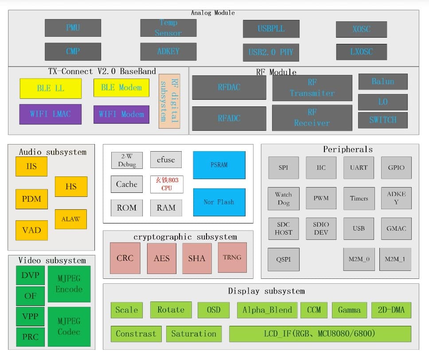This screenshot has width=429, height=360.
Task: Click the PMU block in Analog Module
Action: click(x=73, y=28)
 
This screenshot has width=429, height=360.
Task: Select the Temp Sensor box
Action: click(x=168, y=28)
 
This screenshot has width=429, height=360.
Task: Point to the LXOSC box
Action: click(x=361, y=52)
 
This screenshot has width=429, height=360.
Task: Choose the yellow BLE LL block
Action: click(x=51, y=88)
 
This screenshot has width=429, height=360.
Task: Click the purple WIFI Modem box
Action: click(x=121, y=114)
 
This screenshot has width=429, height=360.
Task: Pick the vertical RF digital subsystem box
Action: click(x=169, y=101)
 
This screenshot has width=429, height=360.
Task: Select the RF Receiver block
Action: click(x=312, y=117)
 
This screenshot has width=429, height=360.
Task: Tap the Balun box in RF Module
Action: click(x=382, y=82)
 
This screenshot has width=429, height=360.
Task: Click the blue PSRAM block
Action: click(x=219, y=165)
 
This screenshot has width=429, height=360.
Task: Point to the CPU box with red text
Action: click(x=167, y=184)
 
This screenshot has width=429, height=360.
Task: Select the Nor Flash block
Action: click(x=219, y=202)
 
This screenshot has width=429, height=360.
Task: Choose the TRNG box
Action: click(x=232, y=257)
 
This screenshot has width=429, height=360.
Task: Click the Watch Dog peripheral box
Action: click(x=283, y=198)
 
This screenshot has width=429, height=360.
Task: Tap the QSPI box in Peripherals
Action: click(x=283, y=259)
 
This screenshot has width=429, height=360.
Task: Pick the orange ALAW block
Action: click(x=70, y=219)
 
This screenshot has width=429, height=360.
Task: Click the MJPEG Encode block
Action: click(x=69, y=284)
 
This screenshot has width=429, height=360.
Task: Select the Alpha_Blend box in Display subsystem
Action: click(x=267, y=310)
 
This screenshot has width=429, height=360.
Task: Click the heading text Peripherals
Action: click(x=347, y=149)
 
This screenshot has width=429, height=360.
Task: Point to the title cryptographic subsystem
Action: click(x=185, y=237)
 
